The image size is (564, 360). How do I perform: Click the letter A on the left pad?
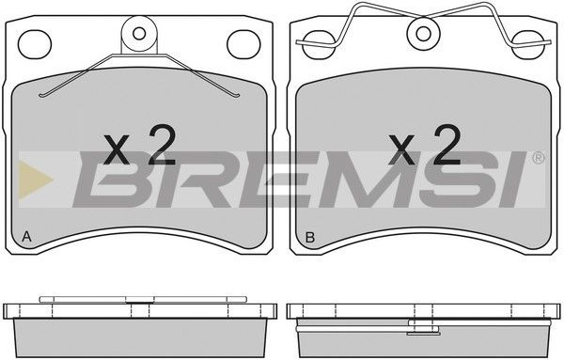click(26, 237)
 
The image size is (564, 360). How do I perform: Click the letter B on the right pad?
click(309, 237)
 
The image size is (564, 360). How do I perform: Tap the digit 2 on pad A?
click(162, 145)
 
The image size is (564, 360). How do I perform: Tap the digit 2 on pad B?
click(446, 145)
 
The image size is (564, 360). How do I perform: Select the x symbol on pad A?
click(117, 149)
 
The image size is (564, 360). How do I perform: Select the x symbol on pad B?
click(401, 149)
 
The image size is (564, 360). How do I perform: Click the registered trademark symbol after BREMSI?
click(538, 158)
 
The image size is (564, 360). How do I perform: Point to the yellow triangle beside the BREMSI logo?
click(35, 180)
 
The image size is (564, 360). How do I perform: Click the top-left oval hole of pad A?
click(35, 44)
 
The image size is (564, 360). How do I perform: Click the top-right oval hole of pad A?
click(243, 44)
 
